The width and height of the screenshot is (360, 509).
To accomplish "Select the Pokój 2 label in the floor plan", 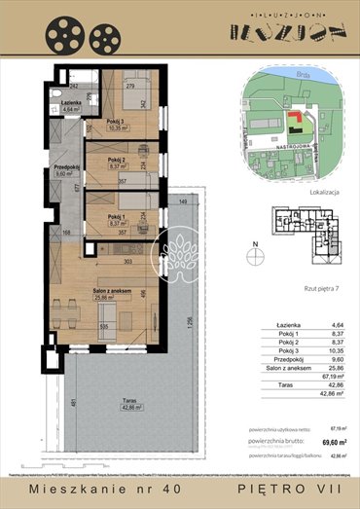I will pyautogui.click(x=119, y=161).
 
